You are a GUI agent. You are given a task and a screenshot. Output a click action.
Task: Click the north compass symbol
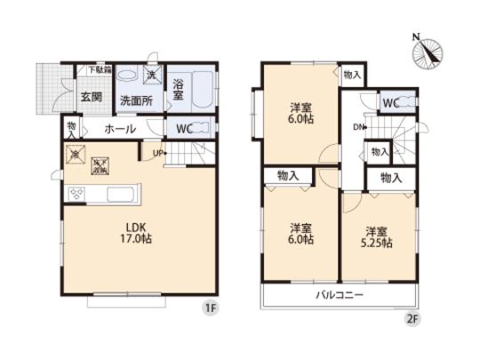click(428, 51)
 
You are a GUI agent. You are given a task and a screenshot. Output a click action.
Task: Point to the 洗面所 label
click(137, 100)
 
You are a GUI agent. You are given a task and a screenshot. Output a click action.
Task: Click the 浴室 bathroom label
click(178, 90)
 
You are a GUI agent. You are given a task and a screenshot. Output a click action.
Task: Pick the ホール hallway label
click(120, 129)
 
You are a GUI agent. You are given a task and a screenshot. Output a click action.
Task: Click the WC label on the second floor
click(390, 101)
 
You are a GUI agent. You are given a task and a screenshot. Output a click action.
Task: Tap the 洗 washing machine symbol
click(151, 75)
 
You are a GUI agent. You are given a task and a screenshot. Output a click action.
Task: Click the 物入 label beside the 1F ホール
click(71, 129)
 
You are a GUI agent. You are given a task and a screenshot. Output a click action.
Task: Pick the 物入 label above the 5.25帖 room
click(391, 179)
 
